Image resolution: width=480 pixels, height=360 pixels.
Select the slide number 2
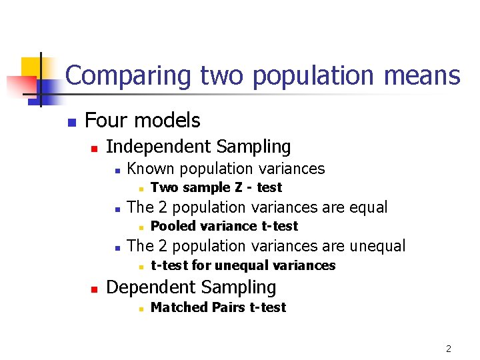pos(449,349)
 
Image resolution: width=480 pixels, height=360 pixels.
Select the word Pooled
pos(172,226)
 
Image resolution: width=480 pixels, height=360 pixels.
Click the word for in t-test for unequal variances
pos(201,265)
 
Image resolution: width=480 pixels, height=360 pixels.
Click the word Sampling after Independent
pos(254,146)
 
